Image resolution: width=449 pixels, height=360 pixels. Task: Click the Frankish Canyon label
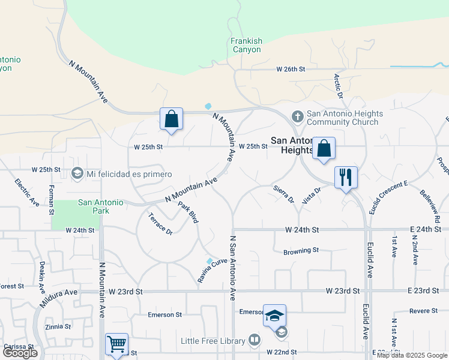(x=247, y=45)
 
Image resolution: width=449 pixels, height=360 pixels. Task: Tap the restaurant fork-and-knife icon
(x=346, y=177)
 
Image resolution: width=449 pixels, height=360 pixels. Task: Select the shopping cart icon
(x=116, y=344)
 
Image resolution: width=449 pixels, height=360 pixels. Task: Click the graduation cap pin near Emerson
(x=274, y=316)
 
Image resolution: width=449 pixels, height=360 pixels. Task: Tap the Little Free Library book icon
(x=255, y=341)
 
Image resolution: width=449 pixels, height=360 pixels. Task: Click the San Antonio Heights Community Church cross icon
(x=297, y=115)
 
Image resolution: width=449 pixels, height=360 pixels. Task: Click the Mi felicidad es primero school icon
(x=77, y=174)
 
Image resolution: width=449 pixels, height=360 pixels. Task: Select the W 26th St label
(x=291, y=70)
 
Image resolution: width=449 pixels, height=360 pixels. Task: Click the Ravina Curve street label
(x=213, y=271)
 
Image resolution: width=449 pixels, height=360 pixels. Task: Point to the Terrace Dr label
(x=160, y=224)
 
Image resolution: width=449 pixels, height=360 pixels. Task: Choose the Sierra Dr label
(x=283, y=193)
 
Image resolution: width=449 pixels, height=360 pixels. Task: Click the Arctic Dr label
(x=339, y=86)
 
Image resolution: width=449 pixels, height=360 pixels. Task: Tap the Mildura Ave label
(x=59, y=298)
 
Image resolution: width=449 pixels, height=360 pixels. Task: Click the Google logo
(x=20, y=353)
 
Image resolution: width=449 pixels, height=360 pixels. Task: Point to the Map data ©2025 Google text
(x=411, y=355)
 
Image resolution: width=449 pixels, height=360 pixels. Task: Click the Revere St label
(x=424, y=311)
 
